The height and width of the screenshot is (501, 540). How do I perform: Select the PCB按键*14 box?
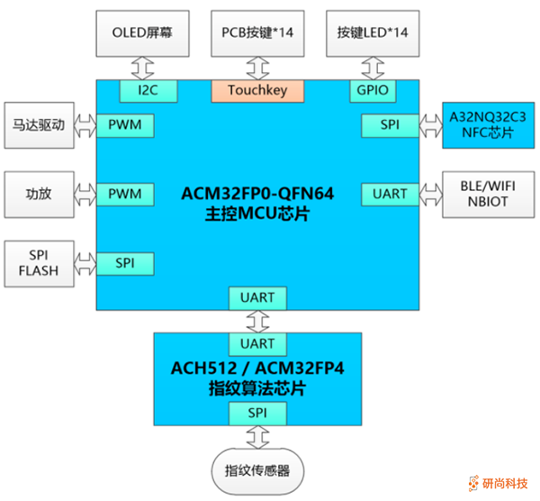[x=257, y=32]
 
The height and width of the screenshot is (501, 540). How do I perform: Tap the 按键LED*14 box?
[x=372, y=32]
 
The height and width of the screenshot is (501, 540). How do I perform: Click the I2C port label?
[x=148, y=90]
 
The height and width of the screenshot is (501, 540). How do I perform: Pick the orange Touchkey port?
[x=257, y=90]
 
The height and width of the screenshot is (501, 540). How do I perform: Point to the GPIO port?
[x=371, y=90]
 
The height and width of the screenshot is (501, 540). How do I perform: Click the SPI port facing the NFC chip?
[x=389, y=125]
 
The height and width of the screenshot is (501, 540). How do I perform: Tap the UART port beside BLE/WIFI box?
[x=389, y=194]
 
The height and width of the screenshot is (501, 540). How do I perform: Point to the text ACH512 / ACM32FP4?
[x=257, y=369]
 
